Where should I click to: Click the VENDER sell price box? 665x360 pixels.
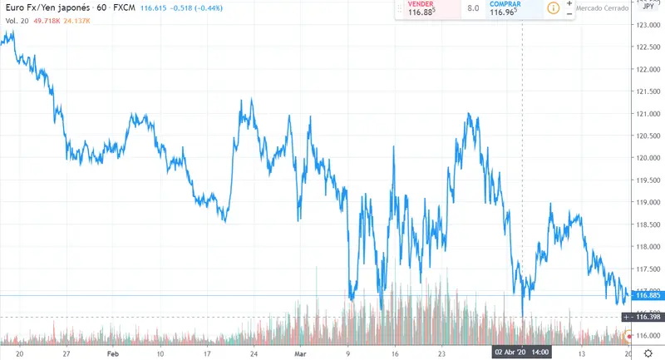[429, 9]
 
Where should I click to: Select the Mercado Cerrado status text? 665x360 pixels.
[603, 8]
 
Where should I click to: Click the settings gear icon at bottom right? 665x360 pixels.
[648, 353]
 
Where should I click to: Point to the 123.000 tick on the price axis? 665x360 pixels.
[648, 25]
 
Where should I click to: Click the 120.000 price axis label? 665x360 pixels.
[648, 158]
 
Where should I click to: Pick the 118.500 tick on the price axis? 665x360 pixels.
[648, 224]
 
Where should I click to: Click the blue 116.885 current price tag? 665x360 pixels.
[647, 295]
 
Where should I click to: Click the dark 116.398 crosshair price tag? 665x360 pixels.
[647, 317]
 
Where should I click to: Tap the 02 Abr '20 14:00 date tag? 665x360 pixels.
[521, 353]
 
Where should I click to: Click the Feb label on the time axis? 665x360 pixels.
[113, 353]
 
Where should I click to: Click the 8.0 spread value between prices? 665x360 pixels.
[473, 9]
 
